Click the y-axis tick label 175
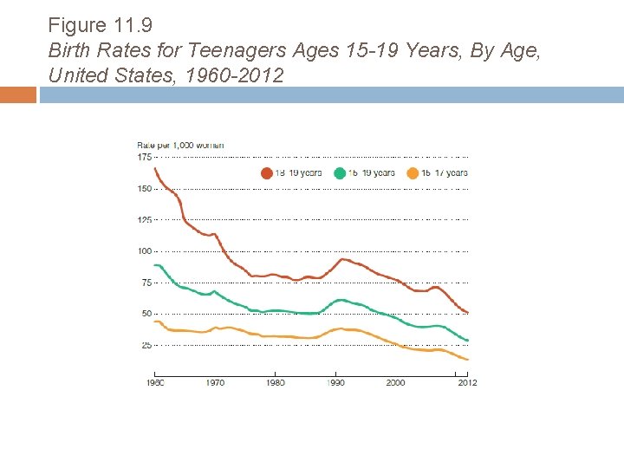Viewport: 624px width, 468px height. click(x=144, y=157)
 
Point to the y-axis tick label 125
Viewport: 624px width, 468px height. click(x=144, y=220)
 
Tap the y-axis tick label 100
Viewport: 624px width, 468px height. click(x=144, y=251)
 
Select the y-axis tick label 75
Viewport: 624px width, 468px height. click(x=146, y=283)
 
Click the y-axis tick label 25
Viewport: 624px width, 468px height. click(x=146, y=345)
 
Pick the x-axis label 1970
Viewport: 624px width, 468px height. click(x=215, y=382)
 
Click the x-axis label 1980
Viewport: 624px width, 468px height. click(x=275, y=382)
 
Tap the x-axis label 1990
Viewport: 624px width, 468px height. click(x=335, y=382)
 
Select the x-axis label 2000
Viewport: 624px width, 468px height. click(x=395, y=382)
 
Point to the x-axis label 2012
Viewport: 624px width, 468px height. click(x=467, y=382)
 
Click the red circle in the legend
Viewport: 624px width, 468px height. click(x=267, y=173)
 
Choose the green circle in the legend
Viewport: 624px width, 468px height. click(x=341, y=173)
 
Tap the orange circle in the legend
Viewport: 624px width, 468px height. click(x=413, y=173)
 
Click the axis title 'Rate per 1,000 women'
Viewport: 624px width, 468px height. click(x=180, y=145)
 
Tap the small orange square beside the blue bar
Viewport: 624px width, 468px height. click(x=18, y=94)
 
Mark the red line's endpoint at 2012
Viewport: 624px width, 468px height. click(x=468, y=313)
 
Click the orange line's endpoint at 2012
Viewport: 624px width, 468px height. click(x=468, y=360)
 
